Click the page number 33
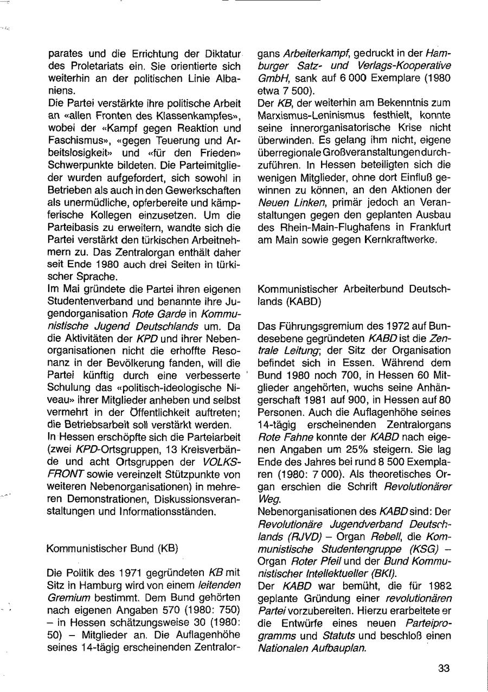(444, 669)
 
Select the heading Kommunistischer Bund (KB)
(113, 548)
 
